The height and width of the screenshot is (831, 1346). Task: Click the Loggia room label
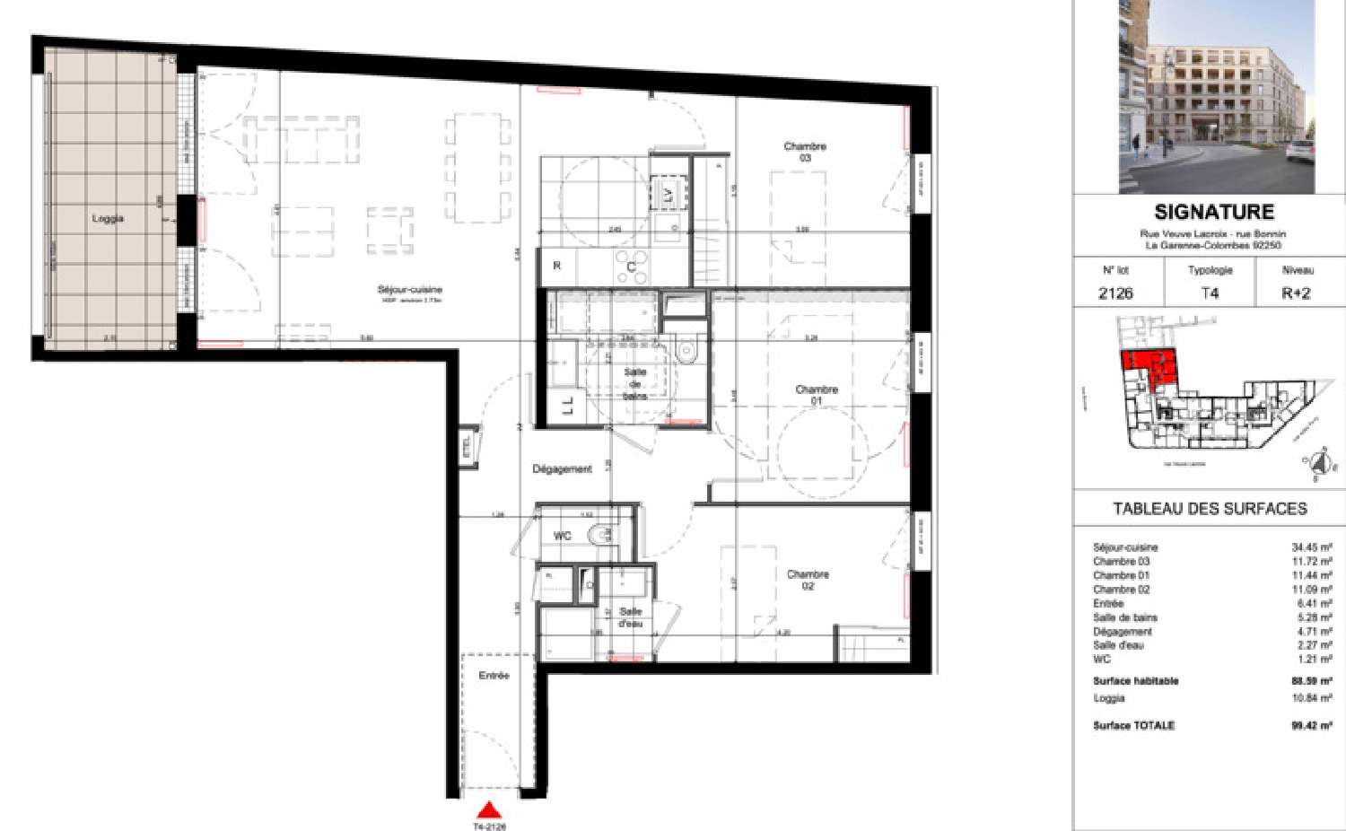click(107, 218)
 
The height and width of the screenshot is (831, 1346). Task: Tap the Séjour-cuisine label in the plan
click(409, 290)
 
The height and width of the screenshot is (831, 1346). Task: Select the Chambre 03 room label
click(804, 152)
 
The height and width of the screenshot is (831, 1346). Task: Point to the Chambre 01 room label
click(816, 395)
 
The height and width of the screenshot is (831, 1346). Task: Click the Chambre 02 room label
click(808, 580)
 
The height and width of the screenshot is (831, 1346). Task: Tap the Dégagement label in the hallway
click(562, 468)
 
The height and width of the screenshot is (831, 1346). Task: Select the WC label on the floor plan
click(562, 536)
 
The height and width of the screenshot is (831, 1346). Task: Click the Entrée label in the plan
click(494, 675)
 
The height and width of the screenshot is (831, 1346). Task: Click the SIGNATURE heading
click(1213, 213)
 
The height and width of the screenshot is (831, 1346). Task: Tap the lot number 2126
click(1115, 293)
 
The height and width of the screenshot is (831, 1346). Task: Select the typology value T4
click(1210, 293)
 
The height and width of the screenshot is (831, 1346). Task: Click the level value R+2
click(1296, 293)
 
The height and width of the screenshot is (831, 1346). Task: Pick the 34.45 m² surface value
click(1311, 547)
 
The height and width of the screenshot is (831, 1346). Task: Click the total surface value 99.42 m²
click(1311, 725)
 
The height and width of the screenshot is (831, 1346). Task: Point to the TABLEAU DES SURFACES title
click(1210, 509)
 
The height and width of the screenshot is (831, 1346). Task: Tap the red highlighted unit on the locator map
click(1149, 367)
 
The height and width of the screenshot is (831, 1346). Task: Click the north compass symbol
click(1317, 463)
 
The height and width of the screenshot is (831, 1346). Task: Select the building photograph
click(1216, 96)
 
